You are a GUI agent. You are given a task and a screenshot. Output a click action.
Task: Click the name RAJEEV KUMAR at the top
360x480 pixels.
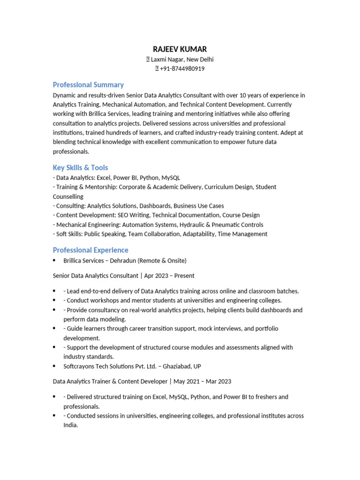(x=180, y=49)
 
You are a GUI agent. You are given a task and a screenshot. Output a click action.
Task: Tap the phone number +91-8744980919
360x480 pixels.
(x=182, y=68)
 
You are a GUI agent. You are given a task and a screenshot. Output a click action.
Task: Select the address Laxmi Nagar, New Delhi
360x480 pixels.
(x=182, y=59)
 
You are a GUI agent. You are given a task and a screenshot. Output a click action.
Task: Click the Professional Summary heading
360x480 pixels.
(x=88, y=85)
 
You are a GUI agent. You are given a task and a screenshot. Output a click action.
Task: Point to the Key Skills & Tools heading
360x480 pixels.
(x=80, y=168)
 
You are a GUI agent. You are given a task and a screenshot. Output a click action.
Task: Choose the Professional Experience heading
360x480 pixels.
(x=90, y=250)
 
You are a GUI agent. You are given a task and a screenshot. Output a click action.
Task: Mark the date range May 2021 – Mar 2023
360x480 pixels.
(x=202, y=382)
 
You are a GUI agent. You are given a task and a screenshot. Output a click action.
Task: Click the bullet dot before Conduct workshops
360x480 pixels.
(x=54, y=300)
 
